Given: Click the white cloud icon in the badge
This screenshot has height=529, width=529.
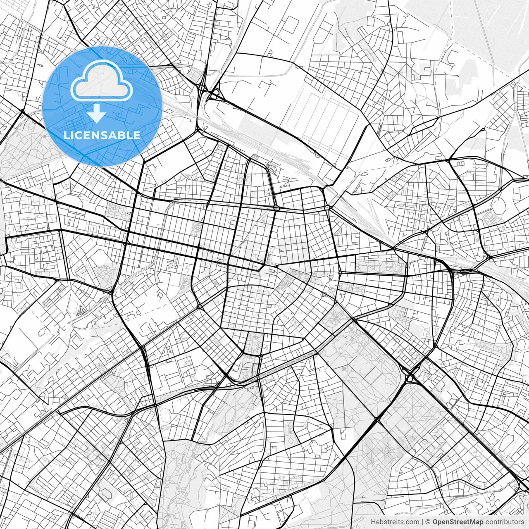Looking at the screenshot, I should (102, 81).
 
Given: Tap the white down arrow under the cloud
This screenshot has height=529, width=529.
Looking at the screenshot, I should (97, 114).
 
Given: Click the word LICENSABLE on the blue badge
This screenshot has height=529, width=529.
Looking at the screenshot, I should (102, 135).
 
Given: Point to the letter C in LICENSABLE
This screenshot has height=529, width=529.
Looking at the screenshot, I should (80, 135).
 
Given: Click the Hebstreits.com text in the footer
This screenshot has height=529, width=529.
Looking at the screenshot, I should (395, 522).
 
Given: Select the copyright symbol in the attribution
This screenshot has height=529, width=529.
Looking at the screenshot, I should (428, 522).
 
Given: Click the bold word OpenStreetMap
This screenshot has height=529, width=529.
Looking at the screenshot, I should (458, 522).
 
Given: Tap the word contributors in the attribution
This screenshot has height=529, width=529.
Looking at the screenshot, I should (504, 522).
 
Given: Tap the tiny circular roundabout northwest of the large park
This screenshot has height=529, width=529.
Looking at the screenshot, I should (325, 294).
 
